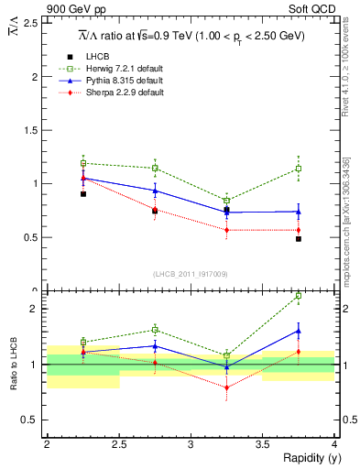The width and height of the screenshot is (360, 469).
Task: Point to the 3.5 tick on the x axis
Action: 263,444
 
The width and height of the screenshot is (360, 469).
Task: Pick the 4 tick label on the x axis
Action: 334,444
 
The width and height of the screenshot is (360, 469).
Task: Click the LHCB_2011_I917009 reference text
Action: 191,274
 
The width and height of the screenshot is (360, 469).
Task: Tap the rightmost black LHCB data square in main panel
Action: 299,239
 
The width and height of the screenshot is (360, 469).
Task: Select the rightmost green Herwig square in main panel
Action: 299,169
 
